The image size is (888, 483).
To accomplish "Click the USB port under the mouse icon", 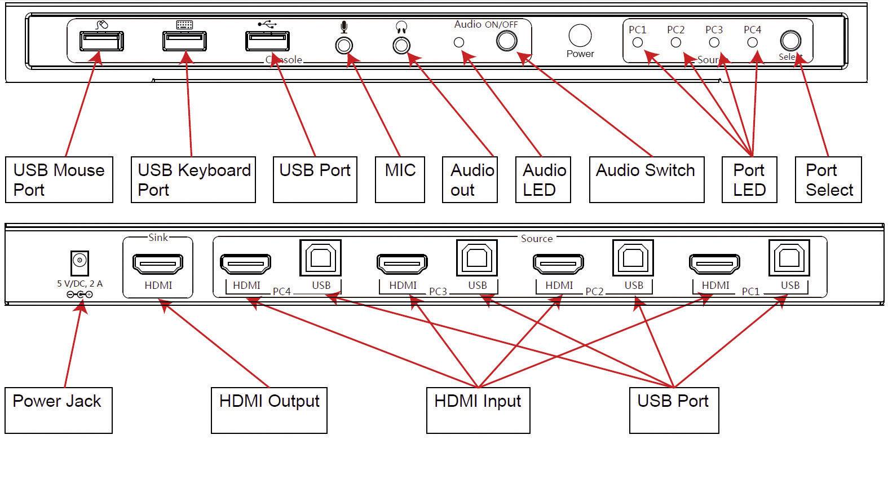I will (101, 41).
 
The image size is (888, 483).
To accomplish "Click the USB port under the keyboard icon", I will (184, 41).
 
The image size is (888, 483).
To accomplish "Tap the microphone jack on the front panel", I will (344, 45).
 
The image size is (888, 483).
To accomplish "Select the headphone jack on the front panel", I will (401, 45).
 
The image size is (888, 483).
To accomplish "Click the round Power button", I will (580, 36).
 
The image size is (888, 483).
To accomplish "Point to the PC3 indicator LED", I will (714, 42).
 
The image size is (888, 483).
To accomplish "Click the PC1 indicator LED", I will (638, 42).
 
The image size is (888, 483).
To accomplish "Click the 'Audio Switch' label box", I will (646, 179).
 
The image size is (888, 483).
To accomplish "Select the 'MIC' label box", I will (400, 179).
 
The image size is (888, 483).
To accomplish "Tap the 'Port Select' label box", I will (828, 179).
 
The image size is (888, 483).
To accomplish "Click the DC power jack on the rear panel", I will (79, 261).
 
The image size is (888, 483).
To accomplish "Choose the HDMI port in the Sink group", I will (158, 264).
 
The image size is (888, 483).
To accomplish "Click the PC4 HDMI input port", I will (245, 264).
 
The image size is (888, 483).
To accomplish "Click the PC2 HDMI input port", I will (558, 264).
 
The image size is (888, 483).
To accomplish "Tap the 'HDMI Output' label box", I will (269, 410).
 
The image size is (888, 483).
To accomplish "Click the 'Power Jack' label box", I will (58, 410).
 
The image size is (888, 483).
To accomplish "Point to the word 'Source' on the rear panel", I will (536, 239).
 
